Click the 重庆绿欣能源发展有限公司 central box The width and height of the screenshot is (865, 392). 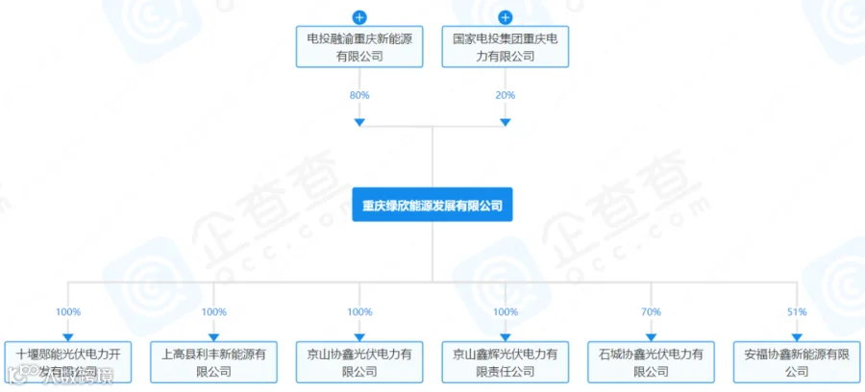(432, 205)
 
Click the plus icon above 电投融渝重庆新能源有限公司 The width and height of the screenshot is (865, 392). (359, 17)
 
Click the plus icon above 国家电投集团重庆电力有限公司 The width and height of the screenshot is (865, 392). (506, 17)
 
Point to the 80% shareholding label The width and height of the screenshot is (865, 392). (359, 95)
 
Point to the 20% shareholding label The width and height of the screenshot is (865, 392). (506, 95)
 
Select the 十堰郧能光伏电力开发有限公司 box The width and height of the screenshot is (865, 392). (68, 362)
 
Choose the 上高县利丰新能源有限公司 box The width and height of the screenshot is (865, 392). (214, 362)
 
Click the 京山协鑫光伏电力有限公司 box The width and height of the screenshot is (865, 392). (359, 362)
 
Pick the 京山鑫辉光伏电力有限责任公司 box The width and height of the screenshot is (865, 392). (506, 362)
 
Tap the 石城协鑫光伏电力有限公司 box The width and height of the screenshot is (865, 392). (651, 362)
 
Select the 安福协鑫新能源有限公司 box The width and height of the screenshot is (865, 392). (797, 362)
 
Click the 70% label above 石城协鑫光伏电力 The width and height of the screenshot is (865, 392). (651, 312)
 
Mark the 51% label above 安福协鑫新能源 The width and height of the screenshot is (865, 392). (797, 312)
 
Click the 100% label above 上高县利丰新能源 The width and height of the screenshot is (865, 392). (214, 312)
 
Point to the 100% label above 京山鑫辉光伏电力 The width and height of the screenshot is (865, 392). (506, 312)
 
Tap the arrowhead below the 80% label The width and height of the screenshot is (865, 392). (359, 122)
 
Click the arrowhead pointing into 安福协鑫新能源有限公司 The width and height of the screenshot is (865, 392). (797, 336)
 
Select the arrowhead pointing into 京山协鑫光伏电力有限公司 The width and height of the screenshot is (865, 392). (359, 336)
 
